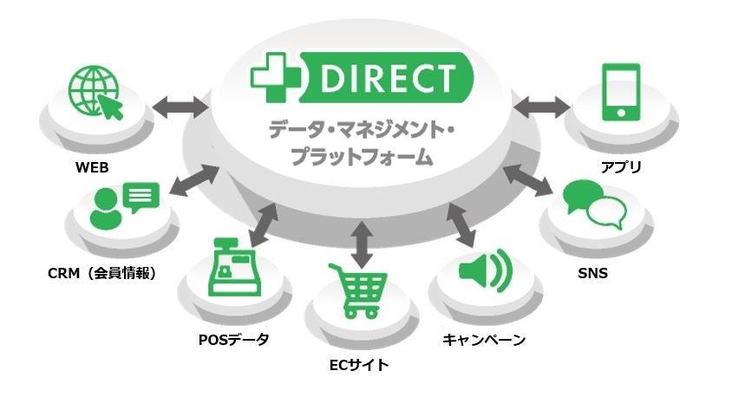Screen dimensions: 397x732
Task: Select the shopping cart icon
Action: pos(356,290)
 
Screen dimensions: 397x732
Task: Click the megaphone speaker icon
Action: pos(485,272)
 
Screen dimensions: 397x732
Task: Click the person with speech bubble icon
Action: pos(125,206)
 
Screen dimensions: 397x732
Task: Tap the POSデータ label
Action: pos(233,339)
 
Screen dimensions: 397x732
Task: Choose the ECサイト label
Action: pos(358,365)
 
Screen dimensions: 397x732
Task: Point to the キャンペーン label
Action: pos(483,339)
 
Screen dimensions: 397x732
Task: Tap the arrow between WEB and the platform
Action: pos(180,107)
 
